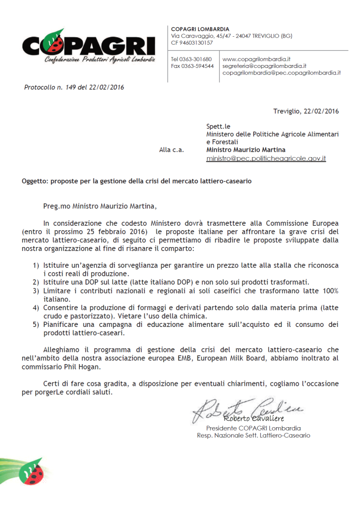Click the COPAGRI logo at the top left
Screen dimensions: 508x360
coord(88,47)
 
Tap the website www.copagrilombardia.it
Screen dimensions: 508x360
coord(256,59)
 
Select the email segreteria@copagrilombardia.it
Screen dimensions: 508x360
coord(264,65)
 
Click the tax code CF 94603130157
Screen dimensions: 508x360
coord(192,43)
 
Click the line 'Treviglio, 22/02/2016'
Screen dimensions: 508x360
coord(306,111)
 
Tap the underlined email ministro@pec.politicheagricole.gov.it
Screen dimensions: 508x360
coord(266,158)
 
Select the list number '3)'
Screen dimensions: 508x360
coord(36,290)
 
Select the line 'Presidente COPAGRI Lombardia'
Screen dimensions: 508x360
coord(253,428)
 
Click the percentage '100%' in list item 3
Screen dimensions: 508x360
coord(329,290)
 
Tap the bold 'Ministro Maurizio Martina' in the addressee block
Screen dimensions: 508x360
coord(246,150)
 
